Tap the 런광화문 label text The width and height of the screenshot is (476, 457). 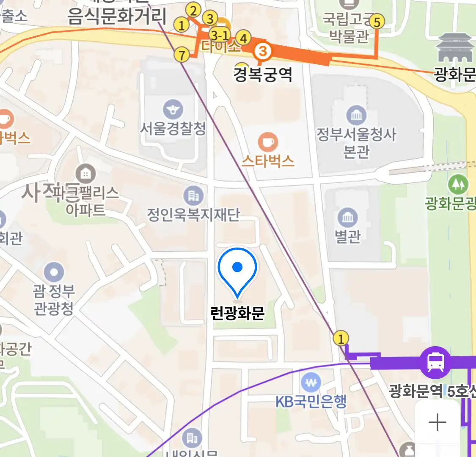click(237, 313)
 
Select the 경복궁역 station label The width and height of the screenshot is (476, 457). click(263, 75)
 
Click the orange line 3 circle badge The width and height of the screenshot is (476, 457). click(263, 52)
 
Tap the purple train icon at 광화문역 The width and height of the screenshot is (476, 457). click(435, 362)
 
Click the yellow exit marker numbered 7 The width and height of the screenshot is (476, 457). click(182, 55)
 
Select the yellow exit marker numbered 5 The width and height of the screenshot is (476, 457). click(377, 21)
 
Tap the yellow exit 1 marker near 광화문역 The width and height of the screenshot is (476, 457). click(341, 338)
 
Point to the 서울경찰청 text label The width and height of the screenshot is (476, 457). click(173, 128)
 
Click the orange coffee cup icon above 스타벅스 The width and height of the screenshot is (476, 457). click(268, 142)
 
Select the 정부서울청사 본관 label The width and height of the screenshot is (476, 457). click(357, 143)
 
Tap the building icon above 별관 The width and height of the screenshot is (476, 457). click(347, 218)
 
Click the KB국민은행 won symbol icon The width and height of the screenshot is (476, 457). click(311, 383)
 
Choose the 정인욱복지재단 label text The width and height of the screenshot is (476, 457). click(193, 215)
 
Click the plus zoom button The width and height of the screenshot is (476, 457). click(437, 423)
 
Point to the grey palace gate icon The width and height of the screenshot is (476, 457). click(454, 49)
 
